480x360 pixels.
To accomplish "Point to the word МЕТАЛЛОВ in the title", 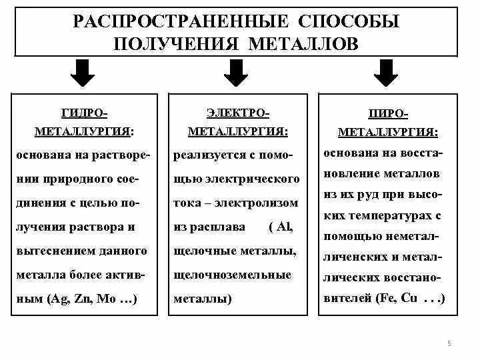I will point(304,43).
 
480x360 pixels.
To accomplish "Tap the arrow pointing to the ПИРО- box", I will point(384,73).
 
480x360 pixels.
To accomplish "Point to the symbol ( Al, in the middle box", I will point(281,227).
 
